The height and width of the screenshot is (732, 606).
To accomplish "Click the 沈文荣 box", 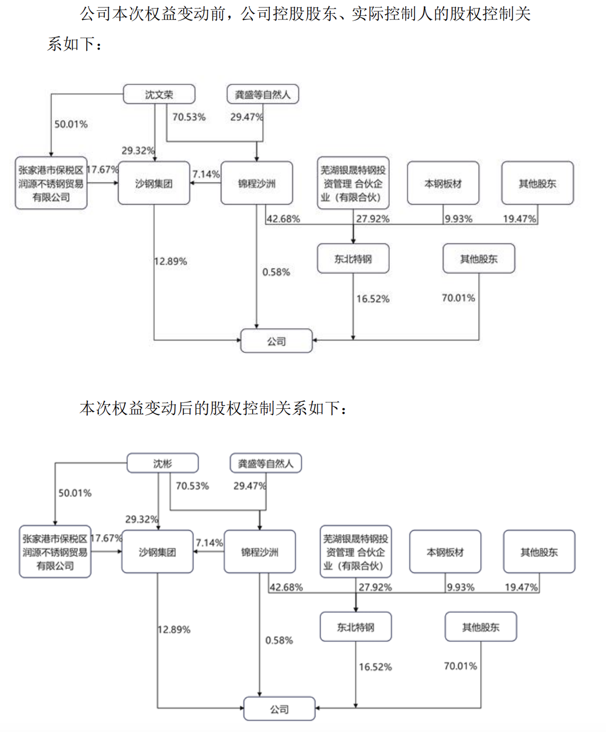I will (159, 94).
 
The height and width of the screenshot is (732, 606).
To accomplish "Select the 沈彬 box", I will (163, 463).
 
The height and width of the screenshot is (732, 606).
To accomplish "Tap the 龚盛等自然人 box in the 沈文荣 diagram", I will (262, 94).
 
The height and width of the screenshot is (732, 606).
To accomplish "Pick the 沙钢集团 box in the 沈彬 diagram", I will (157, 552).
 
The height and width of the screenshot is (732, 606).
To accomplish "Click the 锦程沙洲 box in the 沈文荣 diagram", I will (257, 183).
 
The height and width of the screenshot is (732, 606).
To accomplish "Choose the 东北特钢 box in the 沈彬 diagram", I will (355, 627).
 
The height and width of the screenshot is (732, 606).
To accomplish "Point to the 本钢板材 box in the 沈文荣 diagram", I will (443, 183).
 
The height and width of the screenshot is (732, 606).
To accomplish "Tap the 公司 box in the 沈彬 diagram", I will (279, 709).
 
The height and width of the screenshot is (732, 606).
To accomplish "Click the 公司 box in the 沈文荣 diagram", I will (276, 341).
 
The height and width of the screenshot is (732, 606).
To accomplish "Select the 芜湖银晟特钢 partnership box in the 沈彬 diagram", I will (355, 552).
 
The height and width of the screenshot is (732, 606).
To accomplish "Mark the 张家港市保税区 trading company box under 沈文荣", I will (51, 183).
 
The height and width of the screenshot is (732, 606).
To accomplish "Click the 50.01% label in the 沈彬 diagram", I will (75, 493).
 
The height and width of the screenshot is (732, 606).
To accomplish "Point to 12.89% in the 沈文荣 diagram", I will (171, 261).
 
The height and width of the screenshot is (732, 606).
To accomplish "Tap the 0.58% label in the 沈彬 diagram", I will (279, 640).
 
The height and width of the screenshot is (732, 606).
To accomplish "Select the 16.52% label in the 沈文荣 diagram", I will (373, 299).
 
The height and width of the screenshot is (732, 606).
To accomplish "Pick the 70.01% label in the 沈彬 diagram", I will (460, 666).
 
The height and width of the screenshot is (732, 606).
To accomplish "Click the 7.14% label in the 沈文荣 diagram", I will (206, 174).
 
